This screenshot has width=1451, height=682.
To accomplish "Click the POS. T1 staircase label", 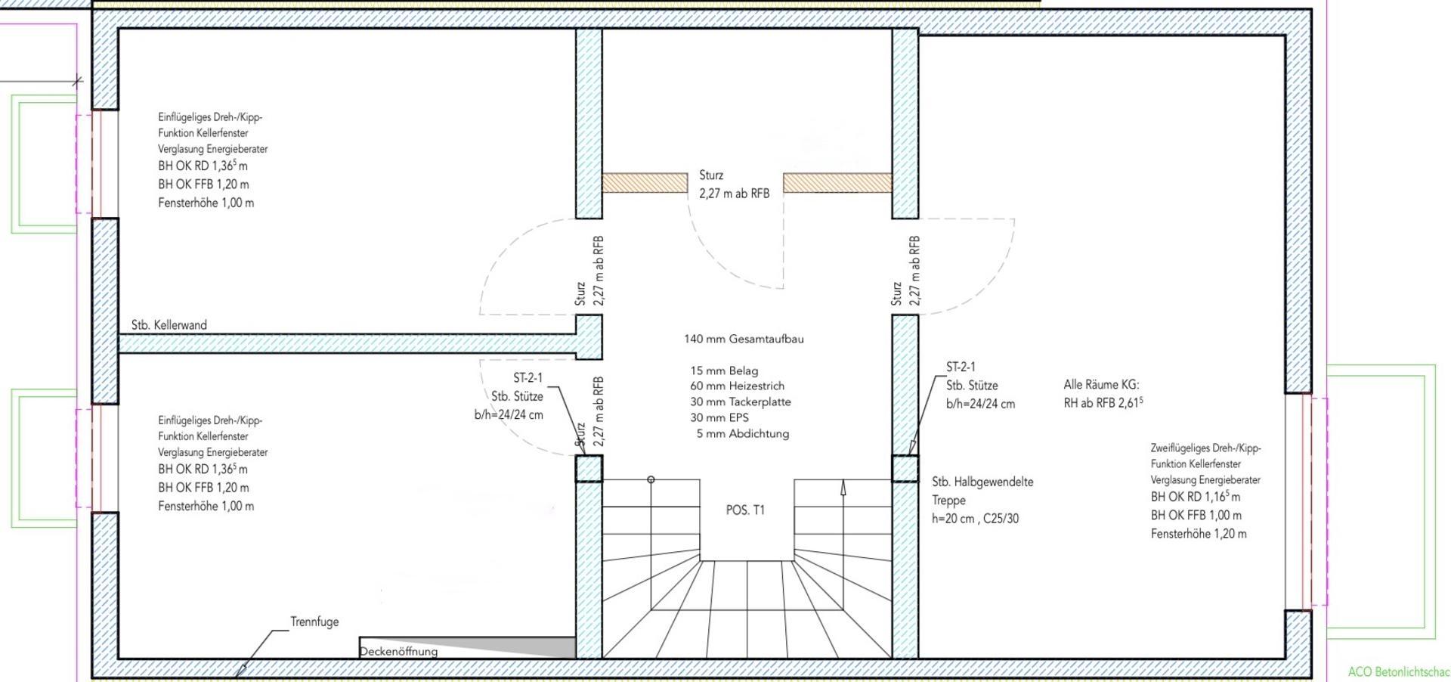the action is pyautogui.click(x=745, y=510).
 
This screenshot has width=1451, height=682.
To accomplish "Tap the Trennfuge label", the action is pyautogui.click(x=314, y=622).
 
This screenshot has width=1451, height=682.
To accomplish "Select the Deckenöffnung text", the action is pyautogui.click(x=398, y=652).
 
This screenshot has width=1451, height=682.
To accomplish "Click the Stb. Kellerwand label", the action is pyautogui.click(x=169, y=325).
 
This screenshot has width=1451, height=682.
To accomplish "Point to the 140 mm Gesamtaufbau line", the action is pyautogui.click(x=744, y=339).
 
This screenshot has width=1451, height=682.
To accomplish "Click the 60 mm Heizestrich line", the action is pyautogui.click(x=737, y=386).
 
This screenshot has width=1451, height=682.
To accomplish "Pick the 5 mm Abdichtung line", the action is pyautogui.click(x=743, y=434).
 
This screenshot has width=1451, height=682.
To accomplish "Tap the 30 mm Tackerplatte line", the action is pyautogui.click(x=741, y=402).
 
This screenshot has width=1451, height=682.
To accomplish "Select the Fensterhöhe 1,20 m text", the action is pyautogui.click(x=1199, y=534).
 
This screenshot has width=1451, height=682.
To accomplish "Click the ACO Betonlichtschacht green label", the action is pyautogui.click(x=1399, y=672).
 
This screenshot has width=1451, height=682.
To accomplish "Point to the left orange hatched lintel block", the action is pyautogui.click(x=645, y=183).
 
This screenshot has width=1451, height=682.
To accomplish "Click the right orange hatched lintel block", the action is pyautogui.click(x=837, y=183).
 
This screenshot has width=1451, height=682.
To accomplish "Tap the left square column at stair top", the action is pyautogui.click(x=589, y=468).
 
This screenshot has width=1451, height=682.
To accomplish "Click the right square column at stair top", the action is pyautogui.click(x=905, y=468).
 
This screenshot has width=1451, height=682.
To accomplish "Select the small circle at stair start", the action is pyautogui.click(x=651, y=479).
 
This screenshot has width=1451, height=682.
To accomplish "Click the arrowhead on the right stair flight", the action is pyautogui.click(x=843, y=488).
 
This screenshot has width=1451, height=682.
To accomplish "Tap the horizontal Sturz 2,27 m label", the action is pyautogui.click(x=734, y=184).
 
